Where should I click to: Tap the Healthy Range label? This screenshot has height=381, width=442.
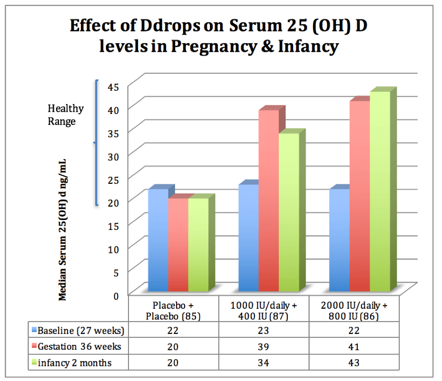(65, 115)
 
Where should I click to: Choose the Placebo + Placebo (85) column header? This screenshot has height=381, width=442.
(173, 310)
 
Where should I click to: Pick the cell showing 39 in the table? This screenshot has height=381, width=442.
(264, 346)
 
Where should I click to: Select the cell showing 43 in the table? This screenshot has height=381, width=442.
(354, 362)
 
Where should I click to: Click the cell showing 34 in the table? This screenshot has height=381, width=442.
(264, 362)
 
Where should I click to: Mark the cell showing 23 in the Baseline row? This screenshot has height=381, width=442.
(264, 330)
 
